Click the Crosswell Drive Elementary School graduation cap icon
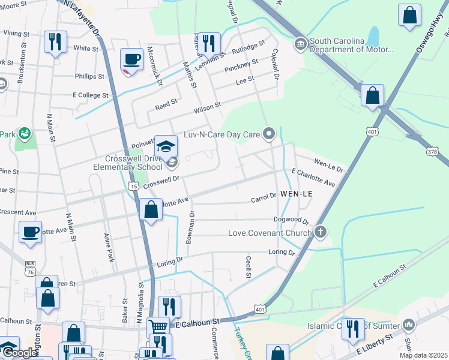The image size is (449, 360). [x=166, y=146]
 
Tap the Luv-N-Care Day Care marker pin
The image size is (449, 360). [x=270, y=134]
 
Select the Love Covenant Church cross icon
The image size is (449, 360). [x=321, y=232]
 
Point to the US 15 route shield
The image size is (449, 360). [x=133, y=187]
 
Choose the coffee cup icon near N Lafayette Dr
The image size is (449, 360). [x=131, y=59]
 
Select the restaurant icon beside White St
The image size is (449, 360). [x=55, y=41]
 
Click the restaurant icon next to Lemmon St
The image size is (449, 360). [x=209, y=43]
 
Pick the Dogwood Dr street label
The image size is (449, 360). [x=291, y=221]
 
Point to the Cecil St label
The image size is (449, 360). [x=248, y=267]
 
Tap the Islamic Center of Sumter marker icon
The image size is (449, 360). [x=409, y=325]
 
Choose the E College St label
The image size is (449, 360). [x=90, y=95]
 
